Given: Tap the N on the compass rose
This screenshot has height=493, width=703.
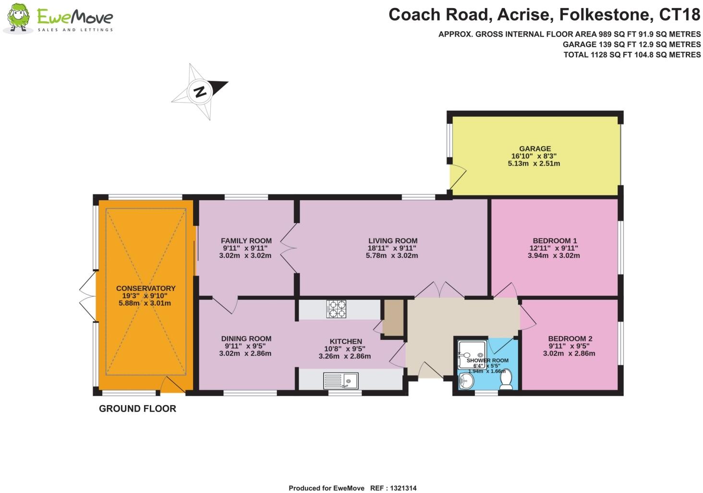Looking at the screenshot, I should (x=200, y=91).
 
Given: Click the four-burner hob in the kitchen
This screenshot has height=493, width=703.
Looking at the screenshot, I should (x=336, y=309).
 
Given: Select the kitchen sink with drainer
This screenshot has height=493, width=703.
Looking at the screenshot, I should (x=340, y=381).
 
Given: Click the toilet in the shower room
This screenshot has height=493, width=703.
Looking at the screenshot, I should (x=506, y=380).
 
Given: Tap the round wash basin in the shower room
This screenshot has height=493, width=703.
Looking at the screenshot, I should (x=466, y=382).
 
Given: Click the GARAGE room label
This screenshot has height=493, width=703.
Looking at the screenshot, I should (x=534, y=149).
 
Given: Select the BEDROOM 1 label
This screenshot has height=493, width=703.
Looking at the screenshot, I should (x=555, y=240).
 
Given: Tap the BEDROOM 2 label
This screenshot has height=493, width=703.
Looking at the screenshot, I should (x=570, y=338).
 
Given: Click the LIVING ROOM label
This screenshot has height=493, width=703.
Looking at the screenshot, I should (x=393, y=240).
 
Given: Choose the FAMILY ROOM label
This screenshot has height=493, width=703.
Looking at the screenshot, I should (x=246, y=240).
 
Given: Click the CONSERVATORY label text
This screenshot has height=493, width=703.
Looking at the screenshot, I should (x=145, y=289).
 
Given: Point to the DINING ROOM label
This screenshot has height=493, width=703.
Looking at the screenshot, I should (x=246, y=338).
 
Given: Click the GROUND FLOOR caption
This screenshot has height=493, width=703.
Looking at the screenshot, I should (x=137, y=409).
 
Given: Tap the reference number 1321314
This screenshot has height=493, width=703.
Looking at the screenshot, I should (x=401, y=488).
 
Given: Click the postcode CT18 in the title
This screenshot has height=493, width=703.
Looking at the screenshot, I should (x=679, y=15).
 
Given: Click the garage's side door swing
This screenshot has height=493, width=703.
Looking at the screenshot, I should (x=458, y=177).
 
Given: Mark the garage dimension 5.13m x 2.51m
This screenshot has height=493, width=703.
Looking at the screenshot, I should (x=534, y=163).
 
